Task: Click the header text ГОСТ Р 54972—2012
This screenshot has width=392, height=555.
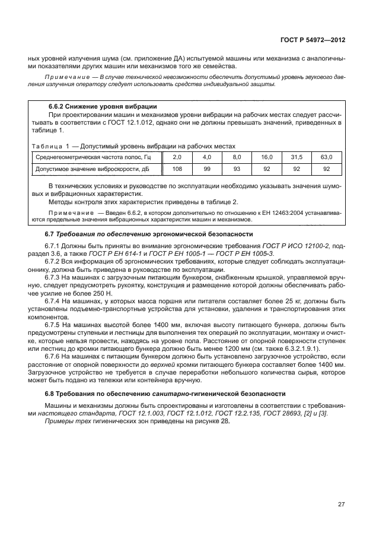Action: (312, 40)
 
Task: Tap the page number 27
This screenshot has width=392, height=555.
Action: (341, 505)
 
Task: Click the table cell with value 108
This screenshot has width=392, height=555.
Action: (176, 169)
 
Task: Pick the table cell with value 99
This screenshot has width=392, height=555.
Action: (206, 169)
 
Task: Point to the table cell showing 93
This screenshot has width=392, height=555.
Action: (236, 169)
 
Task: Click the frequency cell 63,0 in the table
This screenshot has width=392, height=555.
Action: (326, 157)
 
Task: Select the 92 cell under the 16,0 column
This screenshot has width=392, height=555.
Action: (266, 169)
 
